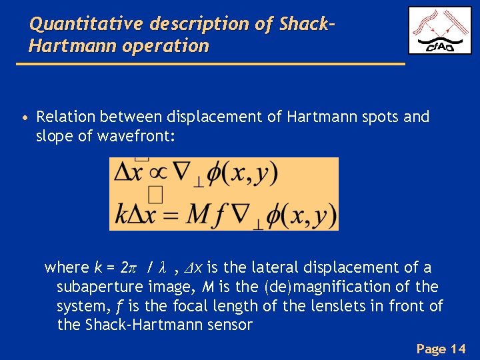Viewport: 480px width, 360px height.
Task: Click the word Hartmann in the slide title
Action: point(61,47)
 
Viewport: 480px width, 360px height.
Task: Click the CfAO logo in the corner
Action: point(439,31)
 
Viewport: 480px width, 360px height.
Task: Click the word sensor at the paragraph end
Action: point(231,325)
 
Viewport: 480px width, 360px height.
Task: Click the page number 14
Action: point(458,348)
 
